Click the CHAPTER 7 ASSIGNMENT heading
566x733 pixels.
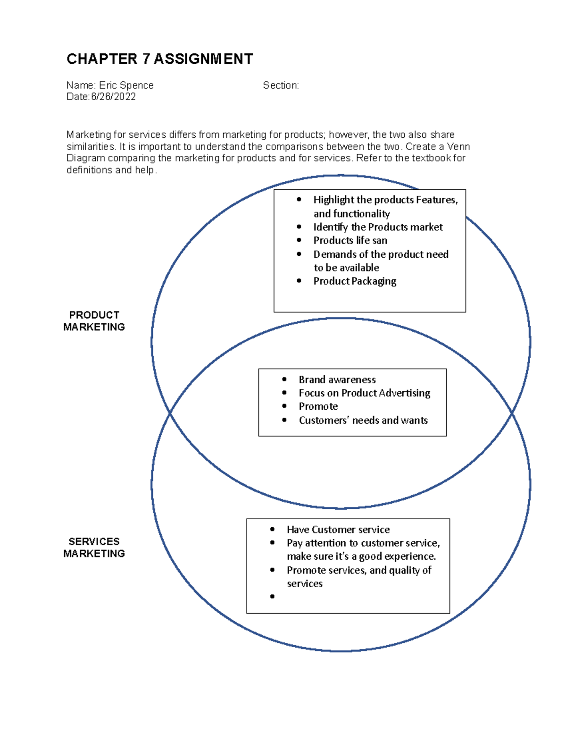pyautogui.click(x=159, y=59)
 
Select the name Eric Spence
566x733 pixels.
pyautogui.click(x=126, y=85)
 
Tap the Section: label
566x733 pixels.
pyautogui.click(x=281, y=85)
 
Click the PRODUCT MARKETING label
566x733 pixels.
pyautogui.click(x=94, y=321)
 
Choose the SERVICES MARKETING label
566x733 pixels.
pyautogui.click(x=94, y=548)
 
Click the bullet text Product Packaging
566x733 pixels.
pyautogui.click(x=355, y=281)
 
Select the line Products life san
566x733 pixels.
pyautogui.click(x=350, y=241)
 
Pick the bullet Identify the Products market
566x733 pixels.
pyautogui.click(x=378, y=227)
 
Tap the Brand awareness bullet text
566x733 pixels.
pyautogui.click(x=337, y=380)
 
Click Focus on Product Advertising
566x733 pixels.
pyautogui.click(x=364, y=393)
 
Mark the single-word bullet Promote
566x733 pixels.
pyautogui.click(x=318, y=406)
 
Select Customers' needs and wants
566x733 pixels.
pyautogui.click(x=363, y=420)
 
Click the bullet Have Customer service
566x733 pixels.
pyautogui.click(x=338, y=530)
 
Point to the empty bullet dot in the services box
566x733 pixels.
pyautogui.click(x=272, y=597)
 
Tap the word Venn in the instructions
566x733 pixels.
pyautogui.click(x=458, y=147)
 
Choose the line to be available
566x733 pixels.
pyautogui.click(x=347, y=268)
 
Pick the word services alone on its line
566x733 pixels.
pyautogui.click(x=305, y=584)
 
